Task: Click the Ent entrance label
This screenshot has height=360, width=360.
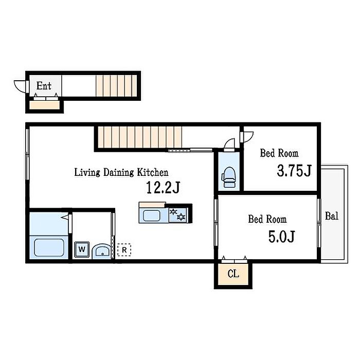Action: pos(44,86)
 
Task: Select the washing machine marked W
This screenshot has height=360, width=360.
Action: pos(82,249)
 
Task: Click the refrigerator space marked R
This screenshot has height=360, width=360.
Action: pos(124,250)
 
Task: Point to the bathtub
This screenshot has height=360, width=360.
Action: pos(49,247)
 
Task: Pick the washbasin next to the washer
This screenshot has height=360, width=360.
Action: pos(101,251)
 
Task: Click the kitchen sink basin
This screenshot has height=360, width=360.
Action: pos(152,216)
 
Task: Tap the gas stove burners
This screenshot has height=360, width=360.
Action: pos(177,215)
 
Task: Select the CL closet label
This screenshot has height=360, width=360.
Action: pos(233,274)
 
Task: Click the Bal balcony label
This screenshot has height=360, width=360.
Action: pos(332,216)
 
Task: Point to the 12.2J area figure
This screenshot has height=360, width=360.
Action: pos(163,187)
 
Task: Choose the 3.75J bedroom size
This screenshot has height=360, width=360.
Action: pos(294,171)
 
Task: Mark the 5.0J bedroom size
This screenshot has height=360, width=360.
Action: pos(281,237)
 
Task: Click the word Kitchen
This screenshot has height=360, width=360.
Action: pos(153,172)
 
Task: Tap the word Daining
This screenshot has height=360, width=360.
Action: pos(118,173)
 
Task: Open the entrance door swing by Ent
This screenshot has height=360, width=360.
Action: pos(20,86)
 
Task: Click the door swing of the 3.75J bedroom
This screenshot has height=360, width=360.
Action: pos(247,137)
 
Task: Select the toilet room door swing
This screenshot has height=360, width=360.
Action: pos(229,144)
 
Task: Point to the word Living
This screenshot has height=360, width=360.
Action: pos(87,173)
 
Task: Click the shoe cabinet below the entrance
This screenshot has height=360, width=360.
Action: pos(45,105)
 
